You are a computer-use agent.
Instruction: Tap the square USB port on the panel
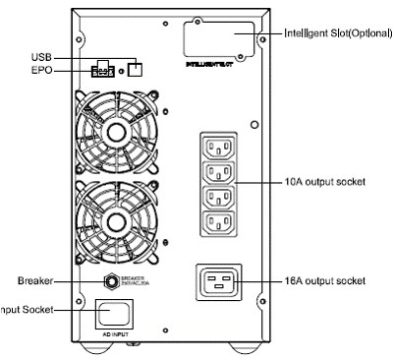pos(136,69)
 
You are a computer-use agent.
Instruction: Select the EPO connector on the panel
pos(102,71)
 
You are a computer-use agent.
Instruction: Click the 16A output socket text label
pos(328,280)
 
